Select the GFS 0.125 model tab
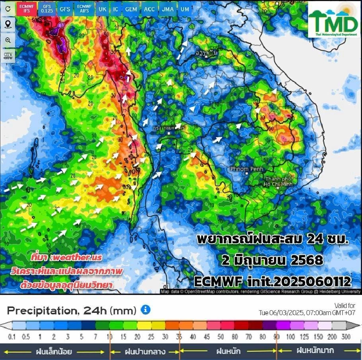(x=47, y=9)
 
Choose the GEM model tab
(x=131, y=9)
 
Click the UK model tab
(x=102, y=9)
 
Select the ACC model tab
(x=149, y=9)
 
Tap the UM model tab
(x=184, y=9)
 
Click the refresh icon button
(x=8, y=9)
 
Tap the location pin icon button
(x=8, y=25)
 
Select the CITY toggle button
(x=8, y=56)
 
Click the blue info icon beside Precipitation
(x=146, y=310)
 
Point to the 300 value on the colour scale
(x=345, y=337)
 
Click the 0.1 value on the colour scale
(x=11, y=337)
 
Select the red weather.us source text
(x=66, y=257)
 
